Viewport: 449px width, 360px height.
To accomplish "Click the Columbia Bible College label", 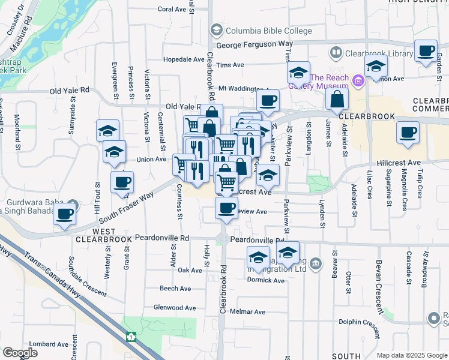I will (x=268, y=31).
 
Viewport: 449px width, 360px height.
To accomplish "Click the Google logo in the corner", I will (x=20, y=353).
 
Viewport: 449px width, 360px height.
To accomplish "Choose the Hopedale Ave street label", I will (x=184, y=59).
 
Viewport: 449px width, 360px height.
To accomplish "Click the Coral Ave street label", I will (x=172, y=10).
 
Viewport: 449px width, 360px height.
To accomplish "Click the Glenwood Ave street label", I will (x=175, y=308).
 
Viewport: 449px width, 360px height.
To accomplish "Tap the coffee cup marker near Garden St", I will (x=426, y=51).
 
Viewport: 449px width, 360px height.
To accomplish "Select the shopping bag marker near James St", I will (x=337, y=98).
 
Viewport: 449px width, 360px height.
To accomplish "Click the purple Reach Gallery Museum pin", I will (x=358, y=79).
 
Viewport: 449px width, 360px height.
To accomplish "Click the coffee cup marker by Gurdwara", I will (x=64, y=214).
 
